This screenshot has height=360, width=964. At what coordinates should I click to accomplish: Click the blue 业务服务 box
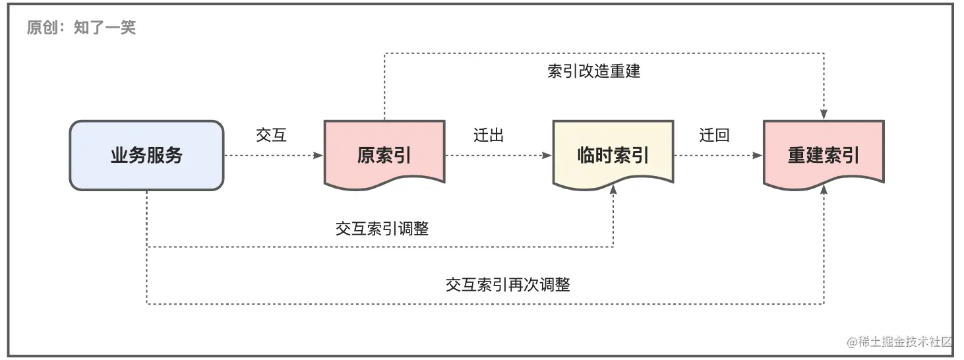(146, 156)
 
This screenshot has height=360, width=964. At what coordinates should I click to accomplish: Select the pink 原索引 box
(384, 156)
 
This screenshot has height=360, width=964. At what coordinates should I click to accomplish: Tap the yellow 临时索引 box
(613, 156)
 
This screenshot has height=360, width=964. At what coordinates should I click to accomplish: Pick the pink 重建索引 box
(824, 156)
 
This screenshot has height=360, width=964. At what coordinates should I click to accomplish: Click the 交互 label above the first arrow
(271, 135)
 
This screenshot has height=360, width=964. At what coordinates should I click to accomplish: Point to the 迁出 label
(489, 135)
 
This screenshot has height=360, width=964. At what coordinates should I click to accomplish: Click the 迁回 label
(715, 135)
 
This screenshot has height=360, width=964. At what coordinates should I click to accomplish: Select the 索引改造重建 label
(593, 71)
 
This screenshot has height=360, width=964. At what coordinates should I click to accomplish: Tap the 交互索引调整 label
(382, 228)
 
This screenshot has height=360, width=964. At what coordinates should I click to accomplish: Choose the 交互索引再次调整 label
(508, 285)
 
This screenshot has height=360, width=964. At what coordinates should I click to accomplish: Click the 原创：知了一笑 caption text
(81, 28)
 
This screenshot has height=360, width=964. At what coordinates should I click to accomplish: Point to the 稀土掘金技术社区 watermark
(901, 342)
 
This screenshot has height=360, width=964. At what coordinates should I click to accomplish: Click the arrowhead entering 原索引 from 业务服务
(319, 156)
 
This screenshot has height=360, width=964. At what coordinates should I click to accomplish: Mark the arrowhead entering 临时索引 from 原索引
(547, 156)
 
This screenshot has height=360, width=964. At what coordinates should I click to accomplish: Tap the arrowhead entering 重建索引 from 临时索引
(758, 156)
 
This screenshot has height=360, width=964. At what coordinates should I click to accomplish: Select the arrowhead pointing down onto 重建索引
(824, 115)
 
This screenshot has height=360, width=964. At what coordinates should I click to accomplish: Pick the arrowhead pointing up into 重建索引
(824, 189)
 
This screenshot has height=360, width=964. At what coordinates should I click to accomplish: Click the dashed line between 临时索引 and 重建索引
(715, 156)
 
